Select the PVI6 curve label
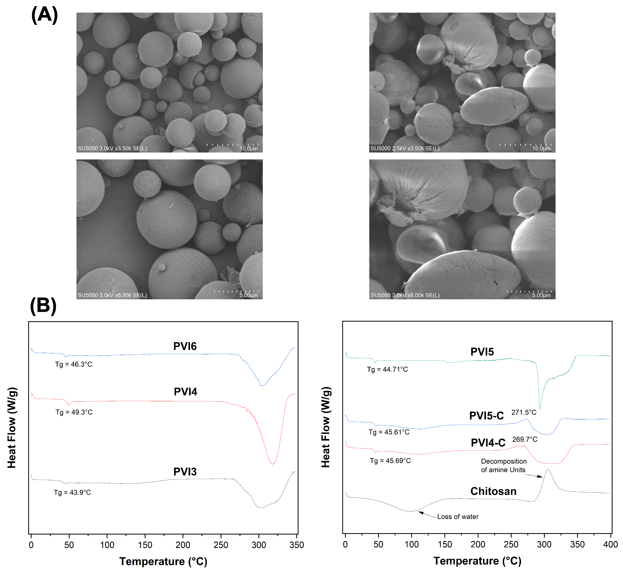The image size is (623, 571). tap(185, 346)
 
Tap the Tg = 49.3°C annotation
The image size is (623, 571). tap(74, 412)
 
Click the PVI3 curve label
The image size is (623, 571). tap(185, 472)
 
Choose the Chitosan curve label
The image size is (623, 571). tap(493, 491)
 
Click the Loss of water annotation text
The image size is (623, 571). tap(458, 517)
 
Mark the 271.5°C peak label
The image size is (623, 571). tap(524, 412)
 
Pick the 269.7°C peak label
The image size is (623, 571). tap(525, 439)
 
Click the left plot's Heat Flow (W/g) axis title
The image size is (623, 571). tap(12, 428)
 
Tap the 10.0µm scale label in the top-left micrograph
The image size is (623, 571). tap(248, 149)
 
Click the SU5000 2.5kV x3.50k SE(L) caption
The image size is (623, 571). tap(405, 149)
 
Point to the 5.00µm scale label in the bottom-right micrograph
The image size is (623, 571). tap(541, 295)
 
